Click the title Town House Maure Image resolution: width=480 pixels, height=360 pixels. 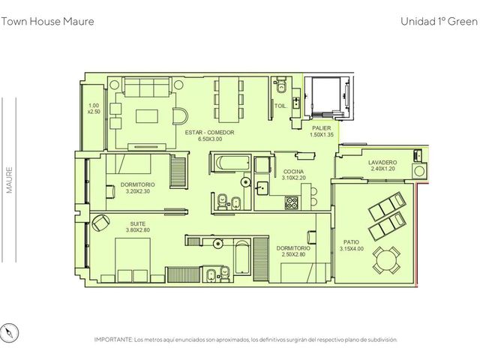(47, 22)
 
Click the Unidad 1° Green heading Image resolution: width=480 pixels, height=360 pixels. (439, 22)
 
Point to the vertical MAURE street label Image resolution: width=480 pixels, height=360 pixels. (10, 180)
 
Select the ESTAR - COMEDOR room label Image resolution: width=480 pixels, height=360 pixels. (210, 132)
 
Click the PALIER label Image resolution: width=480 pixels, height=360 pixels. (322, 128)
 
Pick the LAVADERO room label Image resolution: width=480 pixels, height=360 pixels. (382, 162)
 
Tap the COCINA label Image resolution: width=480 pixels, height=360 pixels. (293, 172)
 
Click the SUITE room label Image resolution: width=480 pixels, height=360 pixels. (137, 223)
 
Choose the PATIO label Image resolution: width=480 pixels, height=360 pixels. (351, 241)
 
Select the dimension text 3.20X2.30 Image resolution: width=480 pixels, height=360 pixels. (138, 191)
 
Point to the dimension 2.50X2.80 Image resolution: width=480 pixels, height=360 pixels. (293, 254)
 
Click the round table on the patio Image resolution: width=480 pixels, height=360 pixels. (386, 261)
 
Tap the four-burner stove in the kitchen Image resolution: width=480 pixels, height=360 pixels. (292, 202)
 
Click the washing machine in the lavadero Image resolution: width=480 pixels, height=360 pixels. (419, 172)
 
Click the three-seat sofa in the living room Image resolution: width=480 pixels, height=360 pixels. (147, 87)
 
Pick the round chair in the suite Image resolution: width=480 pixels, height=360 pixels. (100, 223)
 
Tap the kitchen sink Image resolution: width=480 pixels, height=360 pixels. (262, 188)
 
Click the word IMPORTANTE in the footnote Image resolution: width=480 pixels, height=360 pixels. (113, 340)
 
